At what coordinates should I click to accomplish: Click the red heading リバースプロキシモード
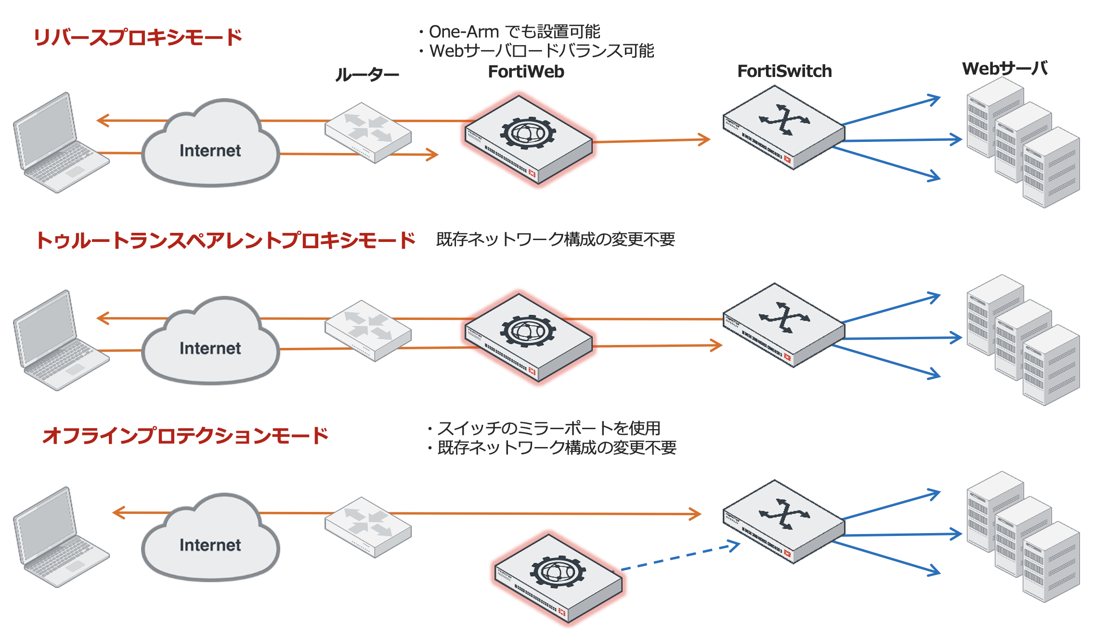(x=138, y=37)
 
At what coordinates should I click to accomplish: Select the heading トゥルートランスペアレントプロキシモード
(x=225, y=240)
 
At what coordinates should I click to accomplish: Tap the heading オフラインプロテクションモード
(x=185, y=435)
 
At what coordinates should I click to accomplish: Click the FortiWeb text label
(x=526, y=72)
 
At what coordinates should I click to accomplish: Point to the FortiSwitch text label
(x=784, y=71)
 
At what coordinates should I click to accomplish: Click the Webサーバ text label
(x=1005, y=68)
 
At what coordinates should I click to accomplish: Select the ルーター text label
(x=367, y=75)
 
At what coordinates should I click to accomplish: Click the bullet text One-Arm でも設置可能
(x=514, y=32)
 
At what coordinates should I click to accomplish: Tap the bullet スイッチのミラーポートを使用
(x=548, y=428)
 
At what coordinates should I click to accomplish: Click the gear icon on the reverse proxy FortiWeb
(x=528, y=132)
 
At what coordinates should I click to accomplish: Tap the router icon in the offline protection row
(x=368, y=527)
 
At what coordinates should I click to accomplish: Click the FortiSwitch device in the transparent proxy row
(x=783, y=325)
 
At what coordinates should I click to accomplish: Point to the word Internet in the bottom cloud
(x=210, y=545)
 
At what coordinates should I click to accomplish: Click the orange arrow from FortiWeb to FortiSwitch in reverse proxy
(x=650, y=140)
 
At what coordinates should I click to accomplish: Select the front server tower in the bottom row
(x=1051, y=563)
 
